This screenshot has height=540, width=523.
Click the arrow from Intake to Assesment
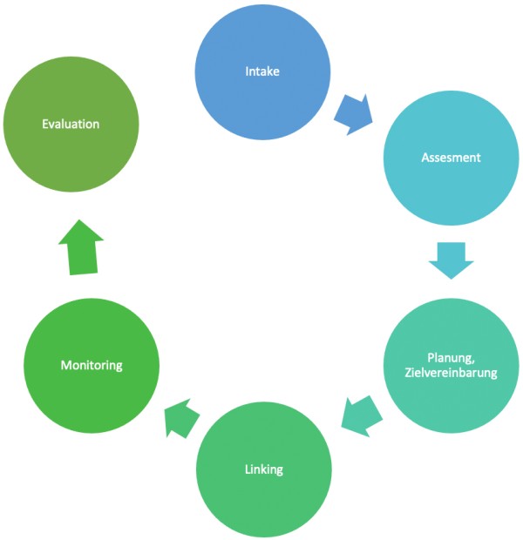[x=353, y=114]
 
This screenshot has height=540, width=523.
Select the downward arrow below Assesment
[x=452, y=259]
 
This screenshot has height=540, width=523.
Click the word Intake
[x=262, y=71]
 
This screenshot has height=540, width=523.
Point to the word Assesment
[x=452, y=159]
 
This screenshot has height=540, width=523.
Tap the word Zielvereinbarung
[x=451, y=375]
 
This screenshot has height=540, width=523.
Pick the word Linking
[x=264, y=470]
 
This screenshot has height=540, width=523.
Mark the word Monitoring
[x=92, y=366]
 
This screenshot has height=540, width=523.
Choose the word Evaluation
[x=71, y=125]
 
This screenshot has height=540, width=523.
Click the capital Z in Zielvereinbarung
[x=408, y=375]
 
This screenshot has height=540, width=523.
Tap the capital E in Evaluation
[x=45, y=125]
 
